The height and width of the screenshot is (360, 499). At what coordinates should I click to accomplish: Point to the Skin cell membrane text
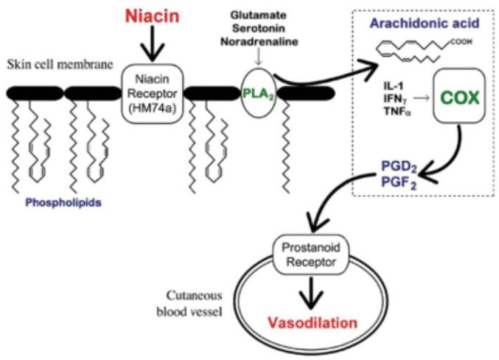click(60, 64)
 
